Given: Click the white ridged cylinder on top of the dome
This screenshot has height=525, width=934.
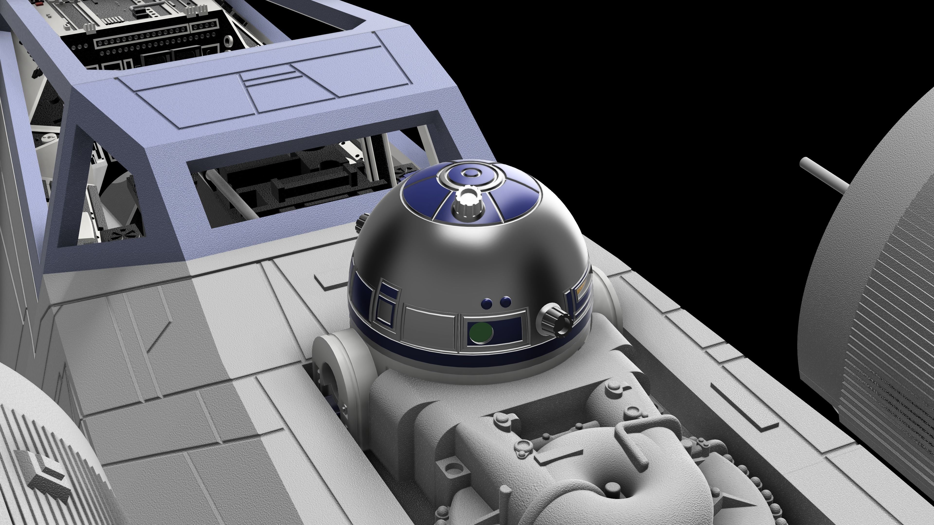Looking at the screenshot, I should click(x=467, y=203).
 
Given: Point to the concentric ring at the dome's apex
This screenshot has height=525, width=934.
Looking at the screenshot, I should click(x=470, y=175).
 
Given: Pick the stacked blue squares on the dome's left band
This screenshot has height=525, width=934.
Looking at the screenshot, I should click(x=386, y=304).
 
